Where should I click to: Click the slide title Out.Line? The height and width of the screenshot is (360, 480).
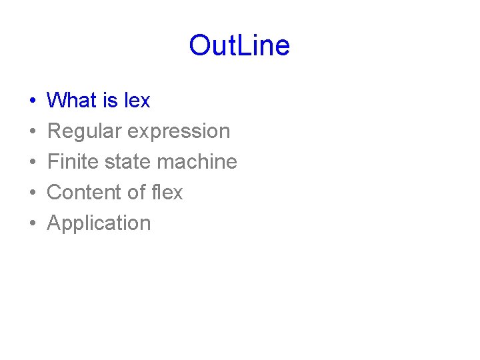click(239, 46)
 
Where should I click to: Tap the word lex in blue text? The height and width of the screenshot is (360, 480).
click(137, 101)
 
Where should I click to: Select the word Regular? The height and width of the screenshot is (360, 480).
click(85, 131)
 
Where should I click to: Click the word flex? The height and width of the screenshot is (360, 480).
click(167, 193)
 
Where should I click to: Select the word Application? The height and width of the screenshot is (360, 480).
click(99, 223)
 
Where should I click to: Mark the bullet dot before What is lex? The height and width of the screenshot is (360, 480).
click(33, 101)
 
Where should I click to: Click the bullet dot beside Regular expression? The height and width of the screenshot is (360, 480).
click(33, 132)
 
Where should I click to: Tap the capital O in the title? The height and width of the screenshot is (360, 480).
click(200, 46)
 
